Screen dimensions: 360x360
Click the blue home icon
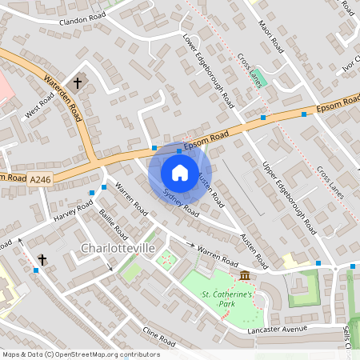pos(179,171)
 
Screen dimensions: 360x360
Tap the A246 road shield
pos(44,183)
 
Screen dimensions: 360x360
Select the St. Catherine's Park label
pos(226,299)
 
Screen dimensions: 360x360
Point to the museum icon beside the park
pos(244,276)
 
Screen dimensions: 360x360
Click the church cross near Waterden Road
pos(78,82)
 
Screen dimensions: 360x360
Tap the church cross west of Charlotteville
pos(42,259)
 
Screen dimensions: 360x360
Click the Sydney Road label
pos(180,203)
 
